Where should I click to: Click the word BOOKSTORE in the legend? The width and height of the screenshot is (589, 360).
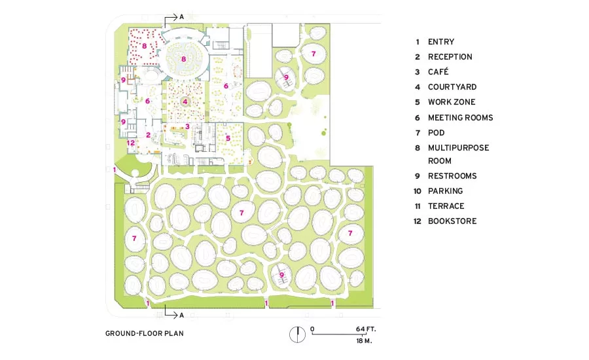coord(452,221)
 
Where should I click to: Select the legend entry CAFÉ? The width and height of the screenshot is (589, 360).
coord(438,71)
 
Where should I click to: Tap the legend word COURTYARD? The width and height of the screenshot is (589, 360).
coord(452,87)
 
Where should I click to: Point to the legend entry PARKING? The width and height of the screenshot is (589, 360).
coord(446,191)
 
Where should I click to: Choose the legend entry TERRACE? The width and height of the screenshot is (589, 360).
coord(446,206)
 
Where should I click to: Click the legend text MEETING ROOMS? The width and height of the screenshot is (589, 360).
coord(461,118)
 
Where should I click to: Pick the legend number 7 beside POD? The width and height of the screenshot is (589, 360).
coord(418,133)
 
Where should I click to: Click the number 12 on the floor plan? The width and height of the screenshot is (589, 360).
coord(131,143)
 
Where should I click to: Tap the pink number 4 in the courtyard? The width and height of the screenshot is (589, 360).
coord(185,101)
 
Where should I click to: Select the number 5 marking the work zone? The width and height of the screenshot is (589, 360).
coord(228,138)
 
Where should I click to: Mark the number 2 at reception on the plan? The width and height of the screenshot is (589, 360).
coord(149,135)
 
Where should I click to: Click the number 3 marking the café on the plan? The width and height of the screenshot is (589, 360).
coord(187,126)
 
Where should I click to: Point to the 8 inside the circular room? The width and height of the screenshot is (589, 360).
coord(183,59)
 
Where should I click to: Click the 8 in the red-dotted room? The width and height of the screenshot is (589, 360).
coord(144,46)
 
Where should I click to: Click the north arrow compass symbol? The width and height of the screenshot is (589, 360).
coord(298,334)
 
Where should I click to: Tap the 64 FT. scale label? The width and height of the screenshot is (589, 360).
coord(366,329)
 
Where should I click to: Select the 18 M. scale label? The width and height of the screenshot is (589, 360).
coord(364,341)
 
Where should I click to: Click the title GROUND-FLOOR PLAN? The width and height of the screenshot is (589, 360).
coord(144,333)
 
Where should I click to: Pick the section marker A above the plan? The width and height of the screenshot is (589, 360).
coord(181,17)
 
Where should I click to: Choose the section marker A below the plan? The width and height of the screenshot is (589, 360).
coord(181,315)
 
